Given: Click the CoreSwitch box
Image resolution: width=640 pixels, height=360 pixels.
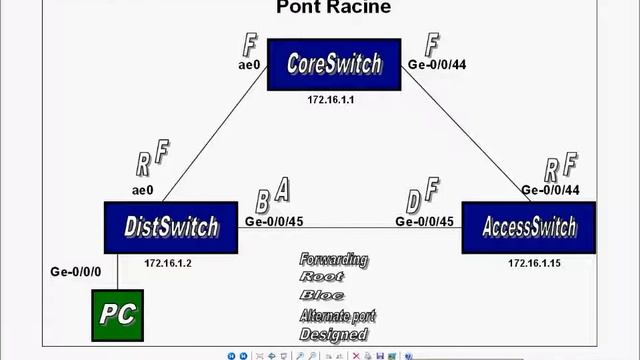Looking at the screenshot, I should (x=334, y=64).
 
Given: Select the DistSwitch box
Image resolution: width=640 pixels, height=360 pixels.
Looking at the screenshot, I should (x=171, y=227).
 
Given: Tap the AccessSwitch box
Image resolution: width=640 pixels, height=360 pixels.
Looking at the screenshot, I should (x=528, y=227).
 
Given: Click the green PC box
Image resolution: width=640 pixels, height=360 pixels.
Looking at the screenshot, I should (x=117, y=314).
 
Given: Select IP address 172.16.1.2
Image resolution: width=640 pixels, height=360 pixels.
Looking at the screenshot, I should (x=168, y=263).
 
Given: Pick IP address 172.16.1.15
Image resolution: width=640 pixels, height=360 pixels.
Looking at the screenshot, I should (x=534, y=263).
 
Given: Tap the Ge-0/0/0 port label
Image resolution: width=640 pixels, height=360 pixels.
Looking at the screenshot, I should (x=76, y=271).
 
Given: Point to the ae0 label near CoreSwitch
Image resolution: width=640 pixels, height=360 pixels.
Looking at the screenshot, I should (x=249, y=65).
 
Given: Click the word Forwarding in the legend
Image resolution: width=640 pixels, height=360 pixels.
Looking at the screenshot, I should (x=333, y=260).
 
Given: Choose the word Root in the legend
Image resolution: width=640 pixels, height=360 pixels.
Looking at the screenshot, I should (x=321, y=277).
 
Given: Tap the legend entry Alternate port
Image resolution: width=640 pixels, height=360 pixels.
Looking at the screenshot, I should (x=337, y=316).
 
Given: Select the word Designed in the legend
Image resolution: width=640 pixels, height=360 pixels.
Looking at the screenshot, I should (x=333, y=334).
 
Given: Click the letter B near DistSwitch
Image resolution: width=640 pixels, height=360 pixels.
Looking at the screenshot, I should (x=262, y=202).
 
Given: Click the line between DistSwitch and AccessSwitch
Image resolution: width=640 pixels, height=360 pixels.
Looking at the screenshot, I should (x=350, y=227).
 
